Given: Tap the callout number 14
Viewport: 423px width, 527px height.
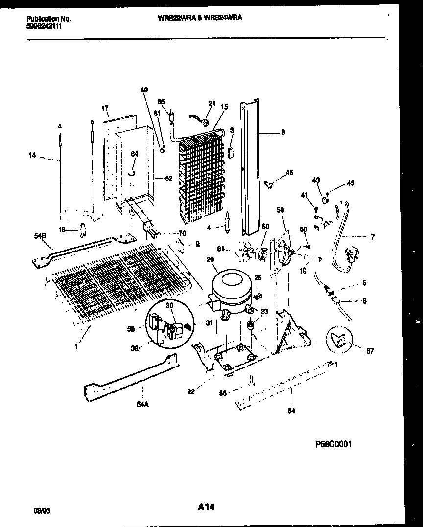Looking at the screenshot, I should click(32, 156).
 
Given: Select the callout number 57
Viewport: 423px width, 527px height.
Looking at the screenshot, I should click(370, 351).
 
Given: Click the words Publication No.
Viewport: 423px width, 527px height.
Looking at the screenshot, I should click(48, 19).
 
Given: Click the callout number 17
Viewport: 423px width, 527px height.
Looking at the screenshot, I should click(105, 108).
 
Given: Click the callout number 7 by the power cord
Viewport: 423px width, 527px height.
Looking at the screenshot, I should click(373, 237).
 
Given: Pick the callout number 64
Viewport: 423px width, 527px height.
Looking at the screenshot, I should click(134, 154).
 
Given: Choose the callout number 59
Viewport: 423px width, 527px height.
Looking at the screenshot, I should click(280, 211).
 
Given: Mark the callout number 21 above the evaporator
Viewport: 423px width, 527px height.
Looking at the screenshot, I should click(211, 103).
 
